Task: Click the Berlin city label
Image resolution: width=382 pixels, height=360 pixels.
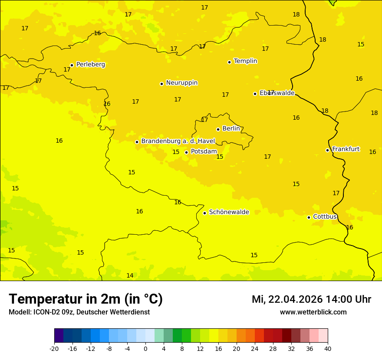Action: click(231, 129)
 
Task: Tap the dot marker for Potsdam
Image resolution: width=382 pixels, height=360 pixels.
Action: click(186, 152)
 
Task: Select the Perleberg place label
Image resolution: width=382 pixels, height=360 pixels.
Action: click(90, 65)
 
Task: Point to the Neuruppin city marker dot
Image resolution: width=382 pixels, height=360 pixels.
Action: click(161, 84)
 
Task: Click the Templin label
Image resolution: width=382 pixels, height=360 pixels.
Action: click(245, 61)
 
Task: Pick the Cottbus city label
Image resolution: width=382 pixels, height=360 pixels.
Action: click(325, 217)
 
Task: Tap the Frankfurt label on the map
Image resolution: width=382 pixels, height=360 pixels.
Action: click(346, 149)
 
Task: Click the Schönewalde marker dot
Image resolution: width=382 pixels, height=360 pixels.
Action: click(204, 213)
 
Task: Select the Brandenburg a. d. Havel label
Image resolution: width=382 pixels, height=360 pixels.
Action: click(178, 141)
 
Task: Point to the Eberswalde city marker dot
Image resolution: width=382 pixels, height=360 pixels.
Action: click(255, 94)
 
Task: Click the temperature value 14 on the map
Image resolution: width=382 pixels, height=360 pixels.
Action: click(130, 276)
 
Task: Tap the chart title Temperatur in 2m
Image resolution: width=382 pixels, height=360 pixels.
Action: click(86, 299)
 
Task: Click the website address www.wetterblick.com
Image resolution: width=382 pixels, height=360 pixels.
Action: click(313, 312)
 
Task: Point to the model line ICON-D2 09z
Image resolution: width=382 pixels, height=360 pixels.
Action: click(79, 312)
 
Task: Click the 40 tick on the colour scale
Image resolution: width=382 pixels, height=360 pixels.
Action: click(328, 348)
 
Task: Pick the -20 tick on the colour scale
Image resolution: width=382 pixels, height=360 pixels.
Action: click(54, 348)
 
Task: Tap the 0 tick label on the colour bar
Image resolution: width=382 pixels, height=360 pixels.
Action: click(145, 348)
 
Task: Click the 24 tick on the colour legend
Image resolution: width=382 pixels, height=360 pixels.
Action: click(255, 348)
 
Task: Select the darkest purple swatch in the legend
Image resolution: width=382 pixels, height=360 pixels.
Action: click(59, 336)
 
